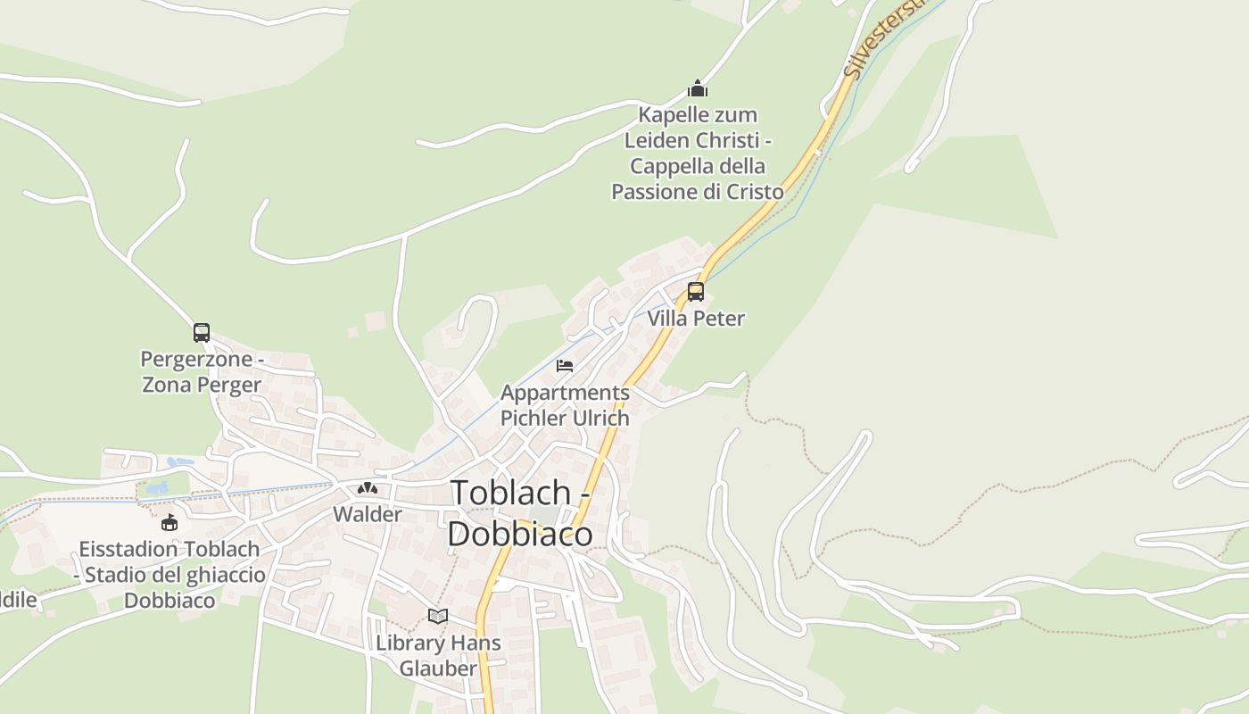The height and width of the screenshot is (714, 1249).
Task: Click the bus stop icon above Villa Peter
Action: [x=695, y=291]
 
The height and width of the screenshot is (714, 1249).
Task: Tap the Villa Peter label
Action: [x=695, y=319]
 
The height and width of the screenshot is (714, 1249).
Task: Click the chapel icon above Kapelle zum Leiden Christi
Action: [x=698, y=88]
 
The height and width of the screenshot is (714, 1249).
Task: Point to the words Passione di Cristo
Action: [x=698, y=192]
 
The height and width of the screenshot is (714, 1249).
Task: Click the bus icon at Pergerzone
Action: [x=202, y=333]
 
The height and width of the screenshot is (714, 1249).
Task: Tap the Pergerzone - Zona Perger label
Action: [x=202, y=372]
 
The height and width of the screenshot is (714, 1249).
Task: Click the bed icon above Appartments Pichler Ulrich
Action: [x=565, y=366]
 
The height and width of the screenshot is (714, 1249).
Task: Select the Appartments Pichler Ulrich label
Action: [x=565, y=405]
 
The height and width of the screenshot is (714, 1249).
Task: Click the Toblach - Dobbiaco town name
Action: [x=520, y=513]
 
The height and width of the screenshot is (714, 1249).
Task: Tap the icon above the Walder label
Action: [x=368, y=488]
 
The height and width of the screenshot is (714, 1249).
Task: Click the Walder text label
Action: [x=368, y=515]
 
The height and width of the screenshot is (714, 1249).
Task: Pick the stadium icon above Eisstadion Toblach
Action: [x=170, y=522]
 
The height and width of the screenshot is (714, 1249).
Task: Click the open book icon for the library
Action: [x=437, y=616]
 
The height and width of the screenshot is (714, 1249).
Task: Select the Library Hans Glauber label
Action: [x=438, y=655]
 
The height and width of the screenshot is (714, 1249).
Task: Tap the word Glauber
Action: [x=438, y=668]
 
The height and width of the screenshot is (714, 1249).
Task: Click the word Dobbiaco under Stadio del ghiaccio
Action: [x=170, y=601]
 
